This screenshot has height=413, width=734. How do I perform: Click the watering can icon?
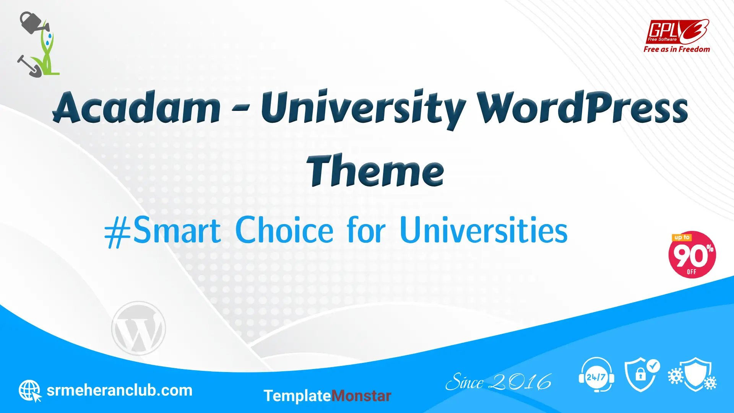coord(34,23)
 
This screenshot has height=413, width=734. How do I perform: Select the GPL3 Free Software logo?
coord(677,32)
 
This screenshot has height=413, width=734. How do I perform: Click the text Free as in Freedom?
coord(677,49)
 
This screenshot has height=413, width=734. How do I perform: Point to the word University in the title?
coord(363,109)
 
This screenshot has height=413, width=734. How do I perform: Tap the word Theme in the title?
coord(375,171)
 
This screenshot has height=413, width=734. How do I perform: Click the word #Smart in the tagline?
coord(162,231)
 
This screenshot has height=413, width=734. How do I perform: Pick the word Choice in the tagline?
coord(284,230)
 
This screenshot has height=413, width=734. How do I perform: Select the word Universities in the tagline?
coord(484,230)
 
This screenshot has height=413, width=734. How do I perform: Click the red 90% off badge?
coord(692,255)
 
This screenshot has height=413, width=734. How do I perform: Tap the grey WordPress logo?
coord(138,328)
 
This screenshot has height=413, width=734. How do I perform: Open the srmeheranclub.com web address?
coord(119,390)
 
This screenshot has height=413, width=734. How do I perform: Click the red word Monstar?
coord(361,396)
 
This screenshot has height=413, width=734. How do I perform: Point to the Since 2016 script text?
coord(499,382)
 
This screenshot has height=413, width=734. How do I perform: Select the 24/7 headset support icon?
coord(596,375)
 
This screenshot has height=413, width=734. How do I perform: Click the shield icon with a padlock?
coord(642,375)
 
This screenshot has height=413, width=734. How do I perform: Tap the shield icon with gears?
coord(692,375)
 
